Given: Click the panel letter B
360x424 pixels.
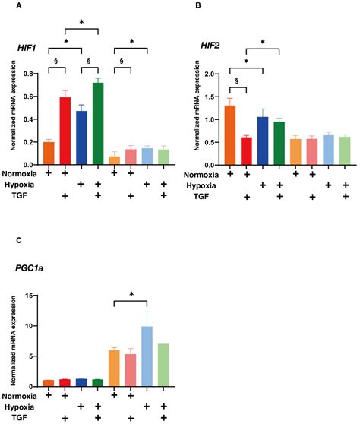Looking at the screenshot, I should coord(199,5).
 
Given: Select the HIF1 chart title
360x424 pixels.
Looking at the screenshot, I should coord(28,47).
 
